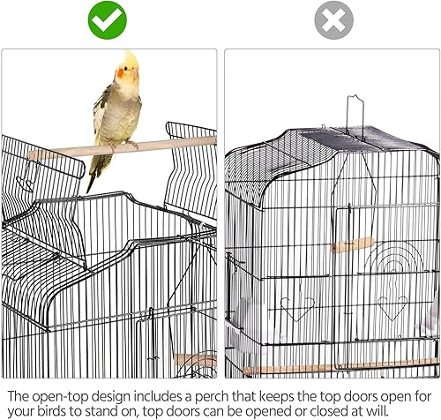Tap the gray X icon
coord(333,20)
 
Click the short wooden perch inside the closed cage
coord(353,244)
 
